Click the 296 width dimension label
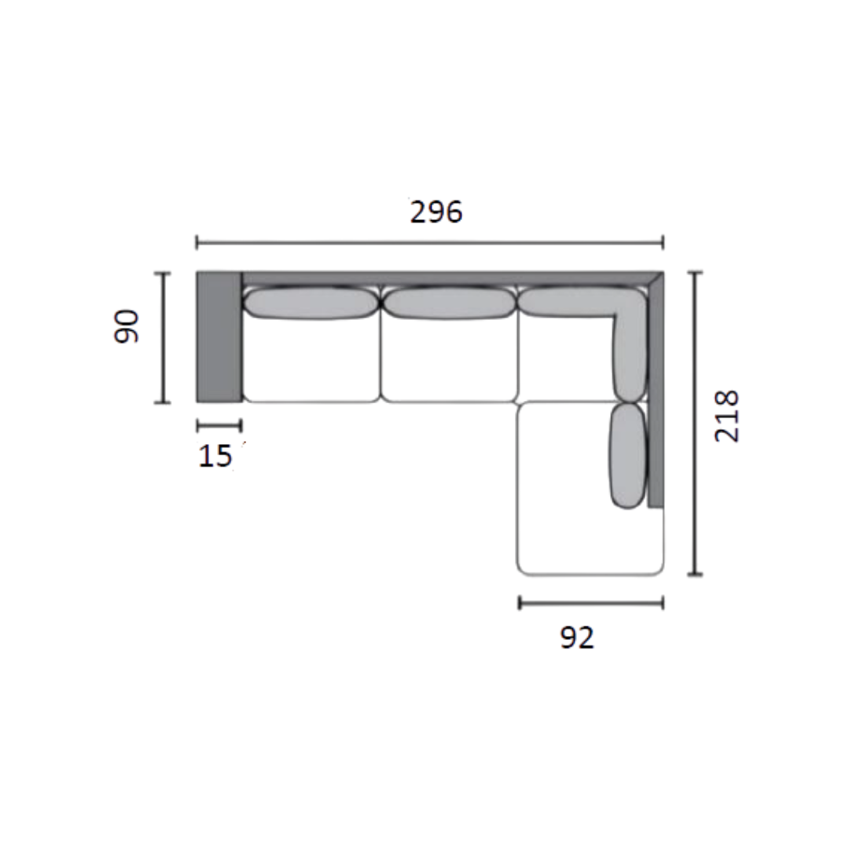(436, 211)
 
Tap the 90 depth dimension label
(127, 326)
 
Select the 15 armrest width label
(215, 456)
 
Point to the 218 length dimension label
(726, 416)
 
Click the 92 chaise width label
(577, 638)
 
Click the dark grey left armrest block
(219, 336)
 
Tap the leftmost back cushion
(311, 303)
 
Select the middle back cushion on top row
(449, 303)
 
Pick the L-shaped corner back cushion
(630, 325)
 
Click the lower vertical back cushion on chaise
(629, 456)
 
